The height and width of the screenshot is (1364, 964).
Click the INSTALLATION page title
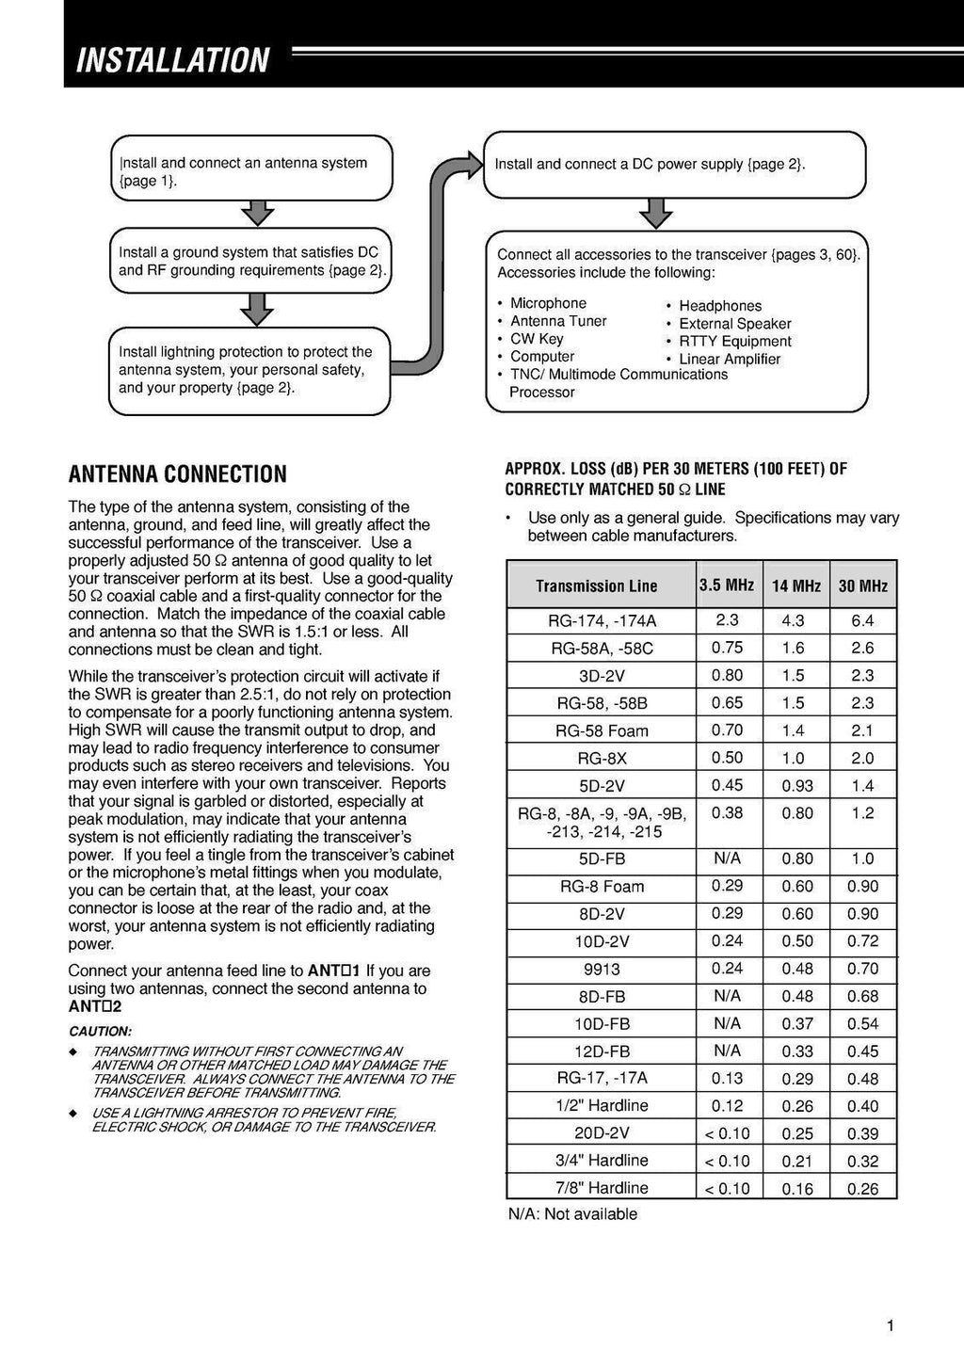click(x=172, y=60)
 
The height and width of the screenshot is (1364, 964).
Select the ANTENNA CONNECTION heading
click(x=177, y=473)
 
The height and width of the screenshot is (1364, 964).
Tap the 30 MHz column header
click(x=862, y=586)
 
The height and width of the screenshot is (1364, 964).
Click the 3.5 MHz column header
click(x=726, y=585)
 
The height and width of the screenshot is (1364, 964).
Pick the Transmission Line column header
click(x=596, y=586)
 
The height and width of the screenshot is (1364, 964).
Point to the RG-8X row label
click(x=602, y=758)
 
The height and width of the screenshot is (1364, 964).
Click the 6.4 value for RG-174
click(x=862, y=620)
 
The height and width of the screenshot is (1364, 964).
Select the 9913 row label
click(x=602, y=969)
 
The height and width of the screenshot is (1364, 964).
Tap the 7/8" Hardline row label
click(x=602, y=1188)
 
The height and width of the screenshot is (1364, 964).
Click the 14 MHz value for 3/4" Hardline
click(x=797, y=1161)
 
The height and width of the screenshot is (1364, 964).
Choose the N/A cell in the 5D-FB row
click(x=727, y=859)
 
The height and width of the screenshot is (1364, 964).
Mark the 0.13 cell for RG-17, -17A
click(x=727, y=1078)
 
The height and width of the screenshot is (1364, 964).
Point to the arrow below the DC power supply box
click(x=655, y=214)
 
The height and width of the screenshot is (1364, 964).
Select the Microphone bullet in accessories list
click(x=548, y=303)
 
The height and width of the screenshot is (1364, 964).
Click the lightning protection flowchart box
click(x=249, y=370)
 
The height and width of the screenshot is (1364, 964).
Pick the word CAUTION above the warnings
click(x=100, y=1031)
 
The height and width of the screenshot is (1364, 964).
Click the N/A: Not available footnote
click(x=572, y=1214)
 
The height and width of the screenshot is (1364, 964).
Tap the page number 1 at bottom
click(x=890, y=1326)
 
